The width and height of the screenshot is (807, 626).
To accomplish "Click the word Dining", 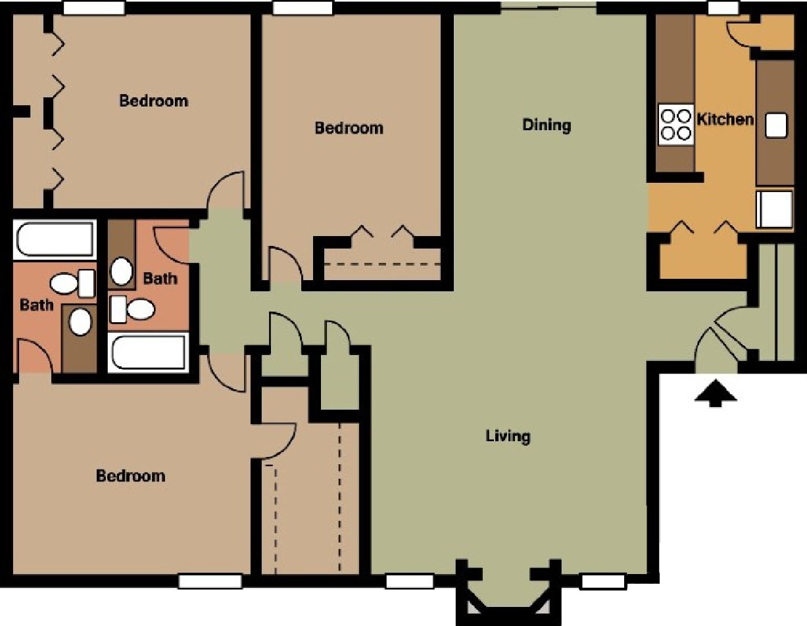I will tap(547, 124).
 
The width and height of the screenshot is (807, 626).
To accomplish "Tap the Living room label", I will tap(508, 435).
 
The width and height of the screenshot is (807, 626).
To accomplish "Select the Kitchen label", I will tap(725, 120).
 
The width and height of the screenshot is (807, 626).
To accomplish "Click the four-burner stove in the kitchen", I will tap(676, 125).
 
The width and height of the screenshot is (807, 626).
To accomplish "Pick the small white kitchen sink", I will tap(776, 125).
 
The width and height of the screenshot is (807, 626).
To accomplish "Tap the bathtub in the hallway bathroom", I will tap(150, 352).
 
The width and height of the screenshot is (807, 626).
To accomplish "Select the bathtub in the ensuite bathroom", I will tap(54, 239).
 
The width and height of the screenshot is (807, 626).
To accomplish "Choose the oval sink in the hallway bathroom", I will tap(121, 271).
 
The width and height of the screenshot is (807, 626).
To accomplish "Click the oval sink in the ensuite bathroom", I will tap(80, 322).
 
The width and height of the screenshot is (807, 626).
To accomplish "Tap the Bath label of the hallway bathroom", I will tap(160, 278).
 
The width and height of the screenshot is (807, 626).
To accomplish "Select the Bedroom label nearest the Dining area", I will tap(349, 128).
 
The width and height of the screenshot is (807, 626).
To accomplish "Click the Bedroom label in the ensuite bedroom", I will tap(130, 475).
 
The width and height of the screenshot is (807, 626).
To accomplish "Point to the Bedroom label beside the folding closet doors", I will tap(153, 101).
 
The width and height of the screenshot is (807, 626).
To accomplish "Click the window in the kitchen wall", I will tap(723, 7).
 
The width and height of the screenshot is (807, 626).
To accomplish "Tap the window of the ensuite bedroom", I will tap(210, 581).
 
